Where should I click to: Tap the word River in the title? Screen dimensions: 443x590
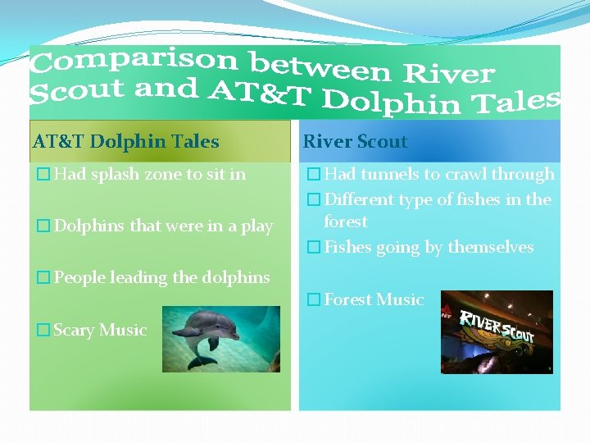pos(449,73)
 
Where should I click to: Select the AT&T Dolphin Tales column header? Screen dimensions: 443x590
pos(125,141)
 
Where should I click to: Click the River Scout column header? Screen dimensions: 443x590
pos(355,141)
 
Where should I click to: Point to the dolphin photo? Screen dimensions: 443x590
pos(220,339)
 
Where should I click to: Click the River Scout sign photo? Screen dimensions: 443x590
pos(497,331)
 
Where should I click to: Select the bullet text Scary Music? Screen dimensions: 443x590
pos(100,330)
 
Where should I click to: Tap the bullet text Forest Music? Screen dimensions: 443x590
pos(374,299)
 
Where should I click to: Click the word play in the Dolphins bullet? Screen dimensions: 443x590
pos(256,226)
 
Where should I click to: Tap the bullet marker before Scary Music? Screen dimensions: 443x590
pos(43,330)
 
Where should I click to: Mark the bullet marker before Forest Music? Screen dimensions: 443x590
pos(313,299)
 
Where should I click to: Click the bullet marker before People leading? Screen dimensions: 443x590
pos(43,277)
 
